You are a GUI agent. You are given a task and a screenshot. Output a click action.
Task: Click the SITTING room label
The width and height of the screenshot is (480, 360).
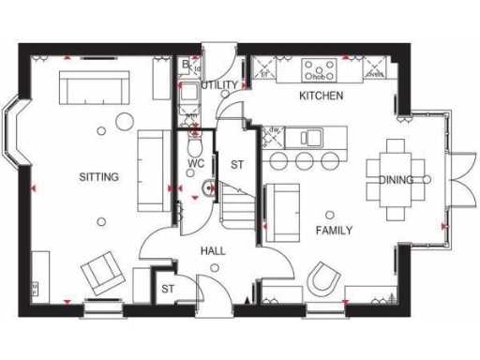click(x=98, y=176)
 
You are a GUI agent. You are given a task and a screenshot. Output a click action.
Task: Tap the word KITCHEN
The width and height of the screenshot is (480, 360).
click(x=321, y=96)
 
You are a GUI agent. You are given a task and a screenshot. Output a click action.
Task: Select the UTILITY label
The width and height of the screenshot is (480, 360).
click(x=219, y=85)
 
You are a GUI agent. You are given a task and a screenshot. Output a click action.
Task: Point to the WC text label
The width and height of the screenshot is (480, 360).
click(x=196, y=163)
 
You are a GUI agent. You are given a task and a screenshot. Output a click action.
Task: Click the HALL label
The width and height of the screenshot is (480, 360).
click(x=214, y=251)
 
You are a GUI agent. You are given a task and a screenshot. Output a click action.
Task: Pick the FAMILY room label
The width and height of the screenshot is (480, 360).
click(x=334, y=230)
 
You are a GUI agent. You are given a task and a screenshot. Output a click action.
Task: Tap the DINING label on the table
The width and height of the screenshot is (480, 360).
click(x=396, y=180)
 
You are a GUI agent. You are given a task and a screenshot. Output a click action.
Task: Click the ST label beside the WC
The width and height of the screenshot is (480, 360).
click(x=237, y=164)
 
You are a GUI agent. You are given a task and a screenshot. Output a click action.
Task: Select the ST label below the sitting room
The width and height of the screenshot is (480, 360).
click(x=170, y=289)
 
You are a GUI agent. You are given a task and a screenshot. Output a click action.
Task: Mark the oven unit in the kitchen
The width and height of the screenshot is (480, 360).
click(x=375, y=70)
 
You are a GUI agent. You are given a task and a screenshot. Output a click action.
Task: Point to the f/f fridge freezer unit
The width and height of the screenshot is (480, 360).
click(x=265, y=70)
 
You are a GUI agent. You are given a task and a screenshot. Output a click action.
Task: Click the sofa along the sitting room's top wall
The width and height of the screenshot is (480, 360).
click(x=94, y=90)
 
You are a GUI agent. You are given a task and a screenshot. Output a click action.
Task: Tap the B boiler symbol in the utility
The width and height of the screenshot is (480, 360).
click(x=187, y=66)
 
